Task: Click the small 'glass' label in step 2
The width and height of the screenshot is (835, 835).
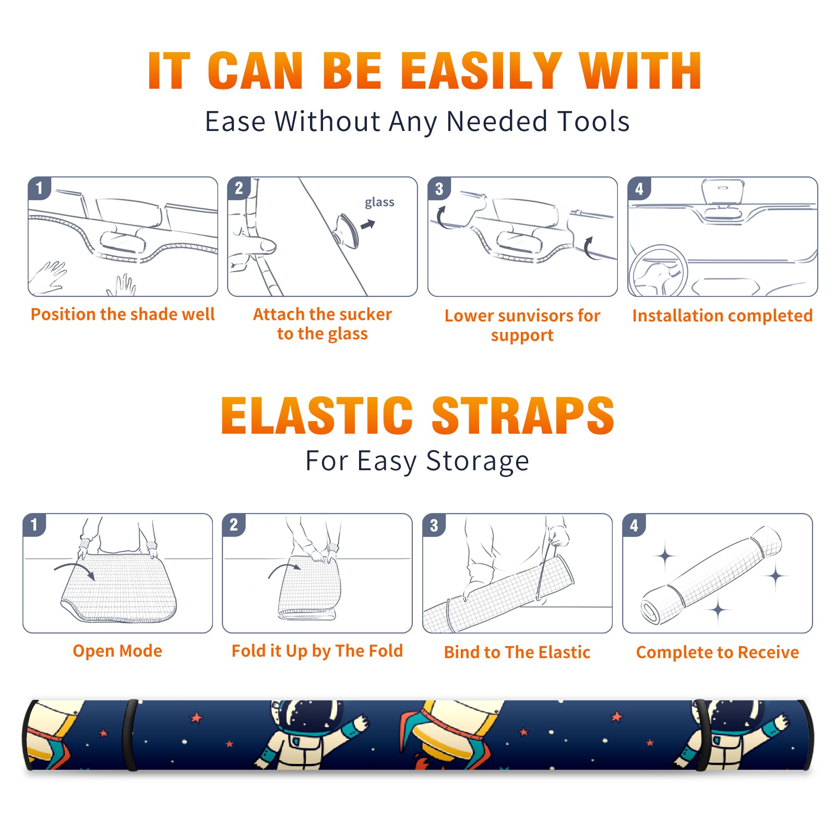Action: (379, 202)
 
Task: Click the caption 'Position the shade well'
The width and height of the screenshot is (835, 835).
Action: (123, 314)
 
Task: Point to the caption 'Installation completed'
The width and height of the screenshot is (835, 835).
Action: (722, 316)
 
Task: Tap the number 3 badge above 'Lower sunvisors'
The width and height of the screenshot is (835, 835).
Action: (439, 188)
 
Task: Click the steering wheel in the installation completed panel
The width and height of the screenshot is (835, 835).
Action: (658, 271)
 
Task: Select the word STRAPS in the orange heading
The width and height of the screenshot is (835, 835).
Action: (523, 415)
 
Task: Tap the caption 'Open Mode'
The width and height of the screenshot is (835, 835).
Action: (117, 651)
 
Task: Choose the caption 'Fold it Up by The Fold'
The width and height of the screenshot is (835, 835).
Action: (317, 651)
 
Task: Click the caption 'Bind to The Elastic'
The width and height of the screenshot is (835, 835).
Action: (517, 652)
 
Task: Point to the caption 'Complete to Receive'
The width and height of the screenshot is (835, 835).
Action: (718, 652)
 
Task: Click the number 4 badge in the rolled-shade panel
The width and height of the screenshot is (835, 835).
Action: (634, 525)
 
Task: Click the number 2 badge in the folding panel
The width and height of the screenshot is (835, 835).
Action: (234, 525)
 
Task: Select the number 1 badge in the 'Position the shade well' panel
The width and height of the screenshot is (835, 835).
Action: (40, 188)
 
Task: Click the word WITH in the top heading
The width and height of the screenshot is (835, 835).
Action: (640, 71)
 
